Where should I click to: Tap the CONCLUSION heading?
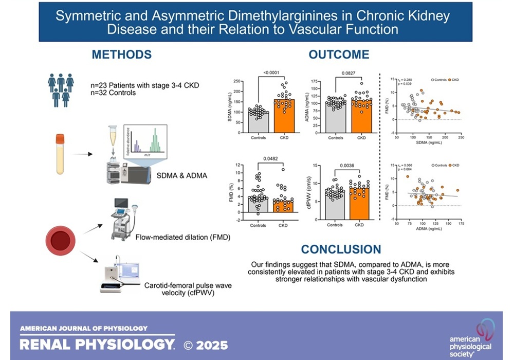click(341, 249)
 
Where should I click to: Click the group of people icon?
click(60, 88)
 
